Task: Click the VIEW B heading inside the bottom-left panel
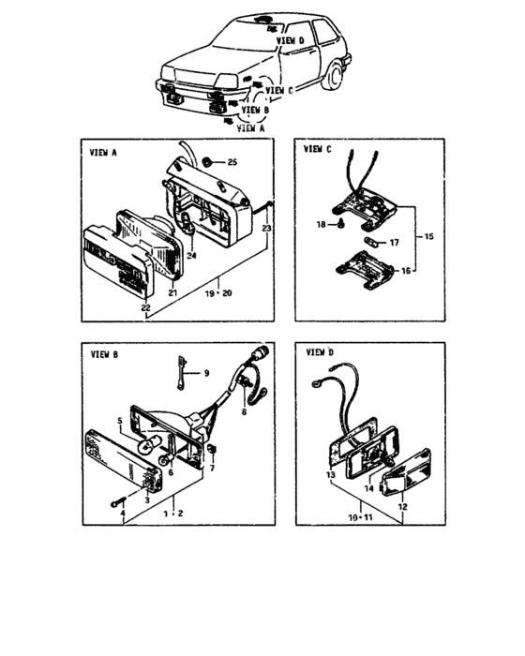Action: [102, 355]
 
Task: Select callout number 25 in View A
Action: [232, 163]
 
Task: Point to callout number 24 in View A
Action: [191, 255]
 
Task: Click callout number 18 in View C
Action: [320, 225]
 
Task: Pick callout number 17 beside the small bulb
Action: [394, 243]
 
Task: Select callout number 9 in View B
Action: [207, 372]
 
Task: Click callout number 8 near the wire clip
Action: [245, 410]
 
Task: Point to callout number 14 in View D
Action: [369, 489]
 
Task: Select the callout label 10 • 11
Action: [357, 516]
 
